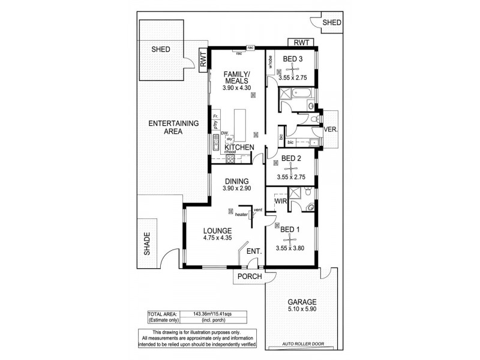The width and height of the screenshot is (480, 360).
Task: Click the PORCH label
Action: pos(250,277)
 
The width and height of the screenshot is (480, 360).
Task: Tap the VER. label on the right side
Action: pos(331,130)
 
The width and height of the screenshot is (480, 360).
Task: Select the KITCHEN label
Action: pos(239,148)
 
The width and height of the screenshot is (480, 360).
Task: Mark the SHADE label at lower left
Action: pos(147,245)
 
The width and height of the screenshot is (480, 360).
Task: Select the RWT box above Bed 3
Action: pos(302,43)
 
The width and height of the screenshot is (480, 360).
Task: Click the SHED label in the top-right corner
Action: pos(331,23)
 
